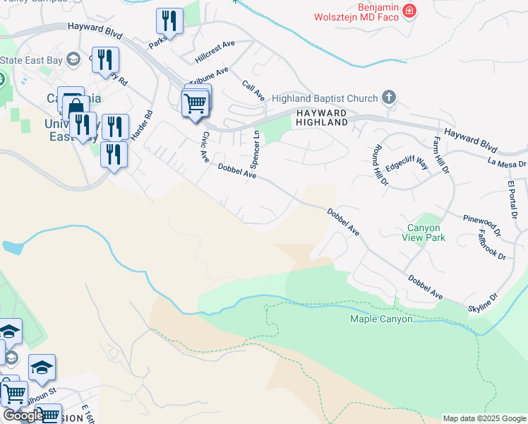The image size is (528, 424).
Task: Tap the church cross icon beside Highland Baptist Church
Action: click(388, 97)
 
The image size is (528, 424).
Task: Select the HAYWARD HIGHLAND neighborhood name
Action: click(322, 117)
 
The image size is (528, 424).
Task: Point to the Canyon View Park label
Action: click(424, 232)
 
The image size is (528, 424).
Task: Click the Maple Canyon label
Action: click(381, 319)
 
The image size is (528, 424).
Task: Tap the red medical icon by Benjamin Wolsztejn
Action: click(409, 11)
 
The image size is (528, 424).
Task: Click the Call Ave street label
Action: click(252, 90)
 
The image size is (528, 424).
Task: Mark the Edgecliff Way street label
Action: click(407, 165)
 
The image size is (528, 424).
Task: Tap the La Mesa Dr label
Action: click(507, 163)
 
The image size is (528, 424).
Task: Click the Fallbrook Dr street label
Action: click(492, 245)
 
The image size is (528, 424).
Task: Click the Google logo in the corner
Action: click(23, 416)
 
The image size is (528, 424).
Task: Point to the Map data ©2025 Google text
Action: click(484, 418)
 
